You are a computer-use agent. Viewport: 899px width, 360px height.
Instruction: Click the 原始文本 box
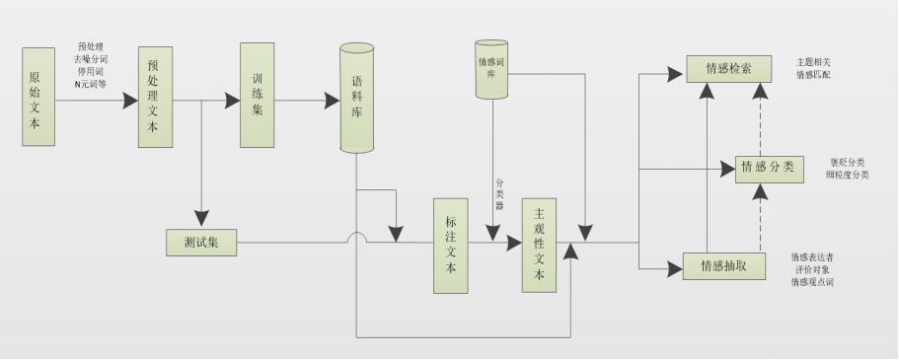[x=38, y=96]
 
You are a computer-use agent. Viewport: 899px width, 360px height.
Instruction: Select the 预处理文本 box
[x=155, y=96]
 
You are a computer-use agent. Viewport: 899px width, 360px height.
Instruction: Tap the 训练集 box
[x=257, y=96]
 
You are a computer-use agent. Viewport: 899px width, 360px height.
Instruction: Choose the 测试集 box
[x=201, y=242]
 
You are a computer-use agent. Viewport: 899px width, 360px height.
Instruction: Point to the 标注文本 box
[x=450, y=246]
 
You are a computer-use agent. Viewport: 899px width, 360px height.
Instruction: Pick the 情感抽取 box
[x=723, y=265]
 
